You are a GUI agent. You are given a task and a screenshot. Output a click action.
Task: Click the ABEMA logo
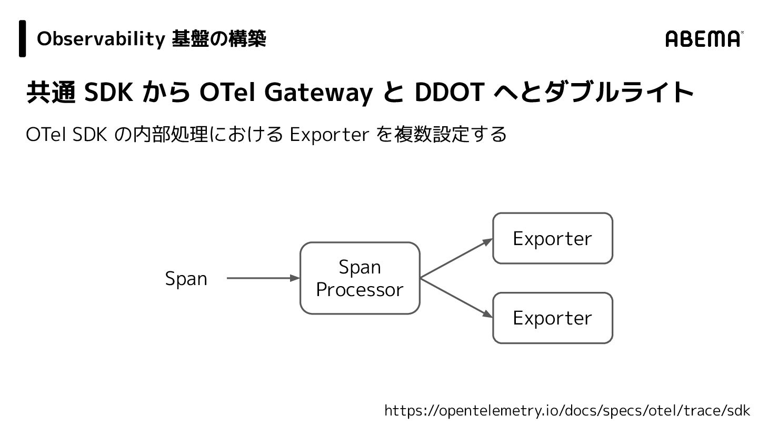click(x=704, y=39)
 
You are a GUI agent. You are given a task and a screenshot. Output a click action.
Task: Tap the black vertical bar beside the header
click(x=23, y=38)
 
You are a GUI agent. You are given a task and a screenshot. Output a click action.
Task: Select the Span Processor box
click(x=360, y=278)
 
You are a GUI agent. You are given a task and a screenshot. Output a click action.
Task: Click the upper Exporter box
click(x=552, y=238)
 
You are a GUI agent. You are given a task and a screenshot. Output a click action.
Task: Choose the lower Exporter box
click(x=552, y=318)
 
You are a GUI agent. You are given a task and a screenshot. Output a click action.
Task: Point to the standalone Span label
click(x=186, y=279)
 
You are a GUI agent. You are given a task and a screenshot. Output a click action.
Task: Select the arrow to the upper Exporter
click(x=456, y=258)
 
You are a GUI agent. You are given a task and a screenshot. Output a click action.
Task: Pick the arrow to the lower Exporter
click(x=456, y=298)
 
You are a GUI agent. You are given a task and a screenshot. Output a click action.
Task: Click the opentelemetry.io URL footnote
click(x=567, y=410)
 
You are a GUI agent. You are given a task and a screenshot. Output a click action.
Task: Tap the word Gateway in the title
click(x=318, y=93)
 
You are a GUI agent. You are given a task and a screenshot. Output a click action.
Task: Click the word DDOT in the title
click(x=449, y=93)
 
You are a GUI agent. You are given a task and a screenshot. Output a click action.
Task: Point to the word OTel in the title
click(x=227, y=93)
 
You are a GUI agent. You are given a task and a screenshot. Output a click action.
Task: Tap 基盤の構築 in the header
click(x=219, y=39)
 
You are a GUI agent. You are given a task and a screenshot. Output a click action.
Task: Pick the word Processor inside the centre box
click(x=360, y=290)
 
